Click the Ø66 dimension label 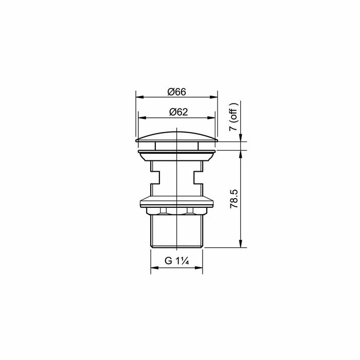point(176,92)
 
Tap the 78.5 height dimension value point(234,199)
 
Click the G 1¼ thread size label point(176,261)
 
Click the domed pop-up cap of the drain point(176,135)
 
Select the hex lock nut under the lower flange point(176,210)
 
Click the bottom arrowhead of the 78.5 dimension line point(241,245)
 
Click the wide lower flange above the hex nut point(176,201)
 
